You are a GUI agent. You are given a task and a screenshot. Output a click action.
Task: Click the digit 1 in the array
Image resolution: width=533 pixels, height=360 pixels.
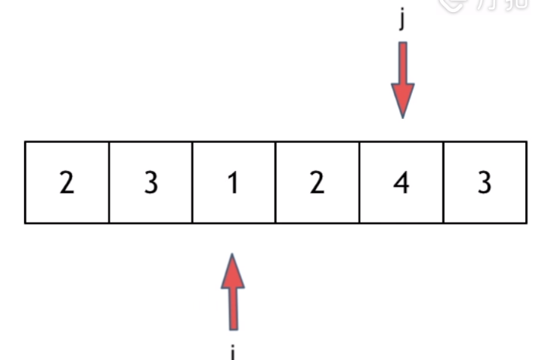click(234, 183)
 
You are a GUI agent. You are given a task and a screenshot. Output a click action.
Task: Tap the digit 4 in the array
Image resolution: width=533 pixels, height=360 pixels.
click(401, 183)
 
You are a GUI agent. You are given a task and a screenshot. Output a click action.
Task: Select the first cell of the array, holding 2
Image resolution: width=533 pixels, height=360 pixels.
click(67, 183)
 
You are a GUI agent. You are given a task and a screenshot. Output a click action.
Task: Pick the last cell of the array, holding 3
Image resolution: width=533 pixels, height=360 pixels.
click(485, 183)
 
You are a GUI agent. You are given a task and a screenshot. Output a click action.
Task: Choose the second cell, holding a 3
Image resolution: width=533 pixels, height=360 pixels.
click(151, 183)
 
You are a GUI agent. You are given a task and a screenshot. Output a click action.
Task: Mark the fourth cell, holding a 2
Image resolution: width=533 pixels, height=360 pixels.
click(318, 183)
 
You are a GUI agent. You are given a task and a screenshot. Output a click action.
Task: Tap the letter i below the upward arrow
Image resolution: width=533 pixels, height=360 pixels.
click(234, 352)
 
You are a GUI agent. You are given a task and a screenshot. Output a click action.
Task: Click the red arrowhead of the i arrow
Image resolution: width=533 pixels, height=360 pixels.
click(234, 272)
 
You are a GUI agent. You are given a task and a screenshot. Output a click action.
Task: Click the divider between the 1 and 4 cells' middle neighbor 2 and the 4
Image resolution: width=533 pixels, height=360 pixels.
click(360, 182)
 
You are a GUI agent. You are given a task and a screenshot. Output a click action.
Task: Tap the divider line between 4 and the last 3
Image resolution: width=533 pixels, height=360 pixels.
click(444, 182)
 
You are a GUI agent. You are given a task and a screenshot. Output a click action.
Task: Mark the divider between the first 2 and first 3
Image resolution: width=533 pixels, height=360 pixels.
click(110, 182)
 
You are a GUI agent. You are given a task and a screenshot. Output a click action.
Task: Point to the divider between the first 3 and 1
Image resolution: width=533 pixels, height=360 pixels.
click(193, 182)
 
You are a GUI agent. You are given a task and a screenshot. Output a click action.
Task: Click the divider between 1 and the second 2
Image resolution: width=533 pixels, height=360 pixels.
click(276, 182)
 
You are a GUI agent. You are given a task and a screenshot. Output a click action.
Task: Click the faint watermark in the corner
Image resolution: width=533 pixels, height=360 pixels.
click(483, 5)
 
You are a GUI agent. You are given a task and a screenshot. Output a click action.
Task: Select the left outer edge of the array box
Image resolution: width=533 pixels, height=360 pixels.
click(26, 182)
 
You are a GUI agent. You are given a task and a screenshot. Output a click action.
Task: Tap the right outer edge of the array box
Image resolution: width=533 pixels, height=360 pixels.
click(527, 182)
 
